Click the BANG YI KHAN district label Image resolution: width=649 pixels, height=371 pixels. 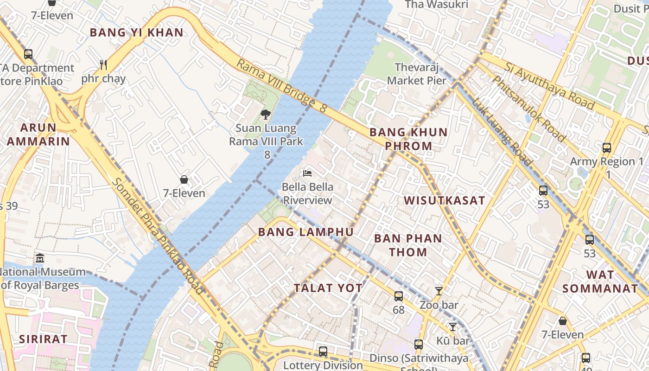(x=137, y=32)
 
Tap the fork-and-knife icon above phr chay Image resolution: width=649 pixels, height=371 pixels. (x=103, y=65)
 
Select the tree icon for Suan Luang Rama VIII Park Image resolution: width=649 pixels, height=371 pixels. (x=266, y=114)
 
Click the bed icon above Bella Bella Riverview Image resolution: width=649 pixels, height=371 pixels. (x=307, y=173)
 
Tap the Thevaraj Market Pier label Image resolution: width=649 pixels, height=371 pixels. (x=417, y=74)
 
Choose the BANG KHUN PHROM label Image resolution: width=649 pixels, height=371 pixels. (x=408, y=139)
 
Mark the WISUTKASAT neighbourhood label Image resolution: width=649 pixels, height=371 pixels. (x=445, y=201)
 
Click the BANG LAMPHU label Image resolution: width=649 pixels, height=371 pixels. (x=306, y=232)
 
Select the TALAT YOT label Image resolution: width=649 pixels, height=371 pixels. (x=328, y=288)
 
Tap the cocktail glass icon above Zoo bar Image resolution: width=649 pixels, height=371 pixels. (x=439, y=291)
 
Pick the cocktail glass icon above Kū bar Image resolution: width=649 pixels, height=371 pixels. (x=453, y=327)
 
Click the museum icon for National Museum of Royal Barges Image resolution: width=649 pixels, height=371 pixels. (x=40, y=258)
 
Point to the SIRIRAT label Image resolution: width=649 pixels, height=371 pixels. (x=43, y=339)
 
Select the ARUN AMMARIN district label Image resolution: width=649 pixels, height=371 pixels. (x=38, y=134)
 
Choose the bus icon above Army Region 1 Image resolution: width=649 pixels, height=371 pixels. (x=607, y=148)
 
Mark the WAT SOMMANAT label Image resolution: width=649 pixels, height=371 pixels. (x=600, y=281)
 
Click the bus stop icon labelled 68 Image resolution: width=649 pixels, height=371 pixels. (x=399, y=296)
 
